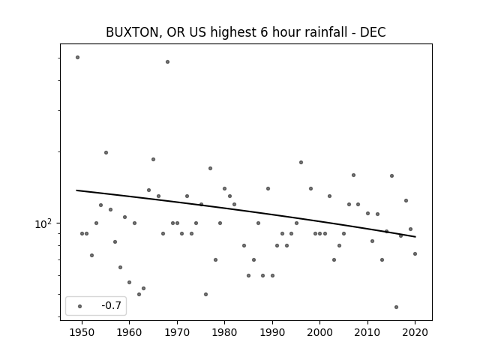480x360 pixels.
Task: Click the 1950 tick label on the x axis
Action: tap(82, 332)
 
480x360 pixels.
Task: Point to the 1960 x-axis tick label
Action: tap(129, 332)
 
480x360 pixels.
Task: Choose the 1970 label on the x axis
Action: tap(177, 332)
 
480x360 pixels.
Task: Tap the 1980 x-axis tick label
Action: tap(224, 332)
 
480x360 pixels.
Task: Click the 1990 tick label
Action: tap(272, 332)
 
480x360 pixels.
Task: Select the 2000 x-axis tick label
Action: tap(320, 332)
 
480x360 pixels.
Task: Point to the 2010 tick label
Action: tap(367, 332)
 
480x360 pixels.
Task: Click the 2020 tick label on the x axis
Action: tap(415, 332)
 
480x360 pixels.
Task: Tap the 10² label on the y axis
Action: tap(43, 223)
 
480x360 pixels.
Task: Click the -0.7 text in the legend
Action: tap(112, 305)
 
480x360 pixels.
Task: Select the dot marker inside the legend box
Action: tap(80, 306)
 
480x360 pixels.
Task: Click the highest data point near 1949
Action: tap(77, 57)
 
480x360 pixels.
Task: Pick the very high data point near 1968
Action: tap(167, 61)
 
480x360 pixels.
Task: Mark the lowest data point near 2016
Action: tap(396, 307)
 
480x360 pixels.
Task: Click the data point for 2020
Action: tap(415, 253)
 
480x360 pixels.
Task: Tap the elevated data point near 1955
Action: tap(106, 152)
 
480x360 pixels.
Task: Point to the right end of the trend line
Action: tap(415, 237)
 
